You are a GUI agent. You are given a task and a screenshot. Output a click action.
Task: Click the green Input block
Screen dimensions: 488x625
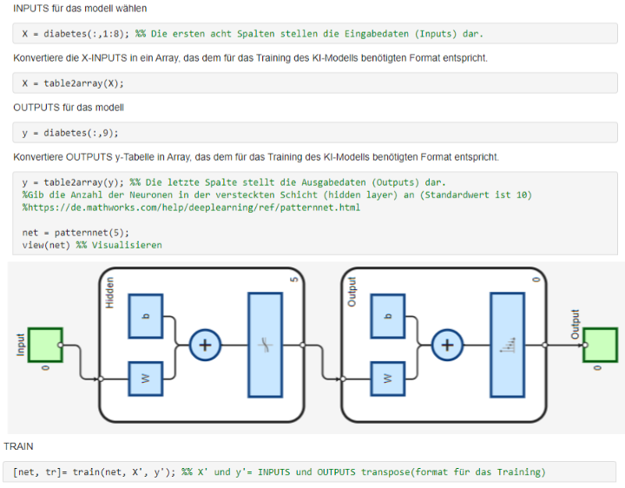[44, 344]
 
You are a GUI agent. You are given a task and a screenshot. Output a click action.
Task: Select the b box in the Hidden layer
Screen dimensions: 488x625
[146, 315]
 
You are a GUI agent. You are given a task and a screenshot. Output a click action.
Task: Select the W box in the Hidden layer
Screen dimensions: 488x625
[146, 378]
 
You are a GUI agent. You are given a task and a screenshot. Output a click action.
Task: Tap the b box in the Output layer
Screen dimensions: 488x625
[388, 315]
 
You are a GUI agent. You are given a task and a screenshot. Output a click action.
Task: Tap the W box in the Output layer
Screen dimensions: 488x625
[388, 378]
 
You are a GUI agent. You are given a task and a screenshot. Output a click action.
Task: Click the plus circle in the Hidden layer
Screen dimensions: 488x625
[206, 345]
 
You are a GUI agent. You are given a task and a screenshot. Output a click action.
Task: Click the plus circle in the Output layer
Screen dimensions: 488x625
[448, 345]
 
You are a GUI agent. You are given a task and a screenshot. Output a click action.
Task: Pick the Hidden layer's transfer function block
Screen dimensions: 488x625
[265, 345]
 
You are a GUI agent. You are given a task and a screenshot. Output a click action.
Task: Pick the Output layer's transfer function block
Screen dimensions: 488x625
[507, 345]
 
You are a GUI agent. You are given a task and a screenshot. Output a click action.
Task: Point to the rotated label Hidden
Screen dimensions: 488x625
[109, 292]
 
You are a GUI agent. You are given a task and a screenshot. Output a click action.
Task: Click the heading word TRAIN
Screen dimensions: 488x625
[18, 445]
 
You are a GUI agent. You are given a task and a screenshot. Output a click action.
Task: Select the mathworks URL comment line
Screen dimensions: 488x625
[191, 208]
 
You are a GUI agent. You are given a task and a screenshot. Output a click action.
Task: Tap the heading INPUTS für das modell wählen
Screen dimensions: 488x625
[80, 9]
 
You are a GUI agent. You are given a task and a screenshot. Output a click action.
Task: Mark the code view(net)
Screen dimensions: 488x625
[48, 245]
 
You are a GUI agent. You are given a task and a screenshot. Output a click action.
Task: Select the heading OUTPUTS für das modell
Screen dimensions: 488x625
[69, 108]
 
